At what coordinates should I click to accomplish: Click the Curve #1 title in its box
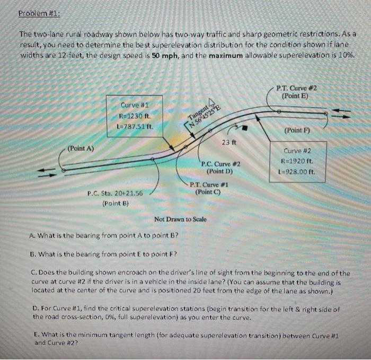(x=134, y=106)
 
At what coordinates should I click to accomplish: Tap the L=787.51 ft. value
(x=134, y=127)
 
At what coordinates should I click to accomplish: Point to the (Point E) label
(x=297, y=96)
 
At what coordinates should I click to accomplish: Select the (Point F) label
(x=297, y=130)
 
